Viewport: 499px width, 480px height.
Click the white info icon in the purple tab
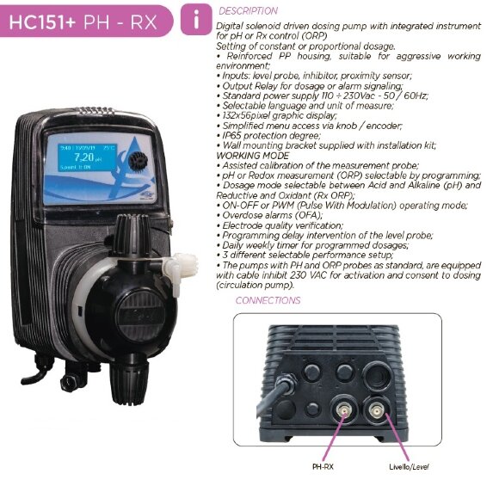tap(199, 19)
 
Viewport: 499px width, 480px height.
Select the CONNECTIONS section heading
tap(268, 300)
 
